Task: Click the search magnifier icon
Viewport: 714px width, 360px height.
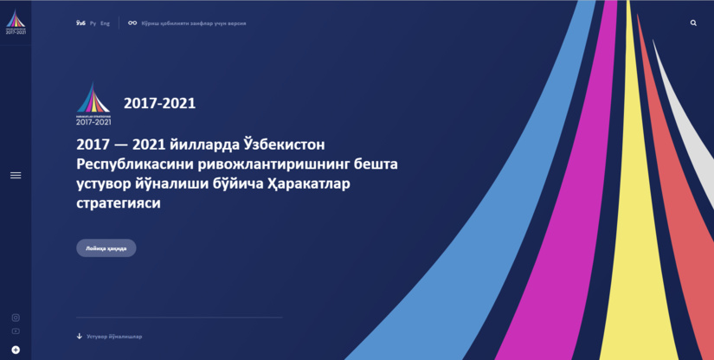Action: (693, 23)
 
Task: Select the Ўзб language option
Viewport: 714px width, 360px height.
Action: (80, 23)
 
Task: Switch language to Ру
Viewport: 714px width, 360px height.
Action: (93, 23)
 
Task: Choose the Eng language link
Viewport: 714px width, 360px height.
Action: (106, 23)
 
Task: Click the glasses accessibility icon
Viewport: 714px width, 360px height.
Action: (132, 23)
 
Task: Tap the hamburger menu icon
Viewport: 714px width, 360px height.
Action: (16, 176)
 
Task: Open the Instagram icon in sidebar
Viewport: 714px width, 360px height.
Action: (16, 318)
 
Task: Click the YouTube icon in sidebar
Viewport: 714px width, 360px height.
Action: (16, 331)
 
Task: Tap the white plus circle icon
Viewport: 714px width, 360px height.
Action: (16, 350)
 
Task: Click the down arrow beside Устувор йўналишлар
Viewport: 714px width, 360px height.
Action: (80, 336)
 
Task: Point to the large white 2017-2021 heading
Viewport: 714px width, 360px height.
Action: (159, 104)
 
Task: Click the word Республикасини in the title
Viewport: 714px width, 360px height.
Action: (133, 164)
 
